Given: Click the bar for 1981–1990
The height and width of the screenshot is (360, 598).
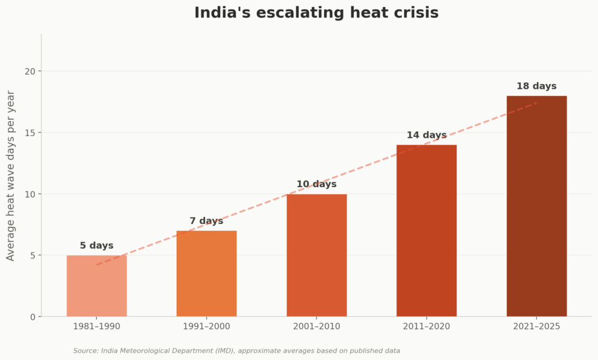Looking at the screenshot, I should coord(96,286).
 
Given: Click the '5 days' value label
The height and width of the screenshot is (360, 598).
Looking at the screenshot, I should coord(96,246).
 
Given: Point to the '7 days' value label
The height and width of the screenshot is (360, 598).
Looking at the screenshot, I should coord(207,221).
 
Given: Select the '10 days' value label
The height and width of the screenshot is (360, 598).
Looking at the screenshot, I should coord(317,185).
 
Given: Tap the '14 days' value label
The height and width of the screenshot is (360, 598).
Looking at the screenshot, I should coord(426,136).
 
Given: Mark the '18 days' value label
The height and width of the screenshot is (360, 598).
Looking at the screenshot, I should coord(537,86).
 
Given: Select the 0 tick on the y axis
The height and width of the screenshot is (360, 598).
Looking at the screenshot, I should coord(33,317).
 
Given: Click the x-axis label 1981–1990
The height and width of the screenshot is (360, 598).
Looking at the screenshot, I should coord(96,326).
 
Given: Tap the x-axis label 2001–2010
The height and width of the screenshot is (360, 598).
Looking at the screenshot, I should coord(317,326).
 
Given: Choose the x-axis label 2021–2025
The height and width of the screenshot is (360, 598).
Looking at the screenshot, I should coord(537,326).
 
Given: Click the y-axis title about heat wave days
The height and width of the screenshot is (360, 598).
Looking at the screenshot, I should coord(11,175).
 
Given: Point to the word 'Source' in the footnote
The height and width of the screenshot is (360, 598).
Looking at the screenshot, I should coord(85,351).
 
